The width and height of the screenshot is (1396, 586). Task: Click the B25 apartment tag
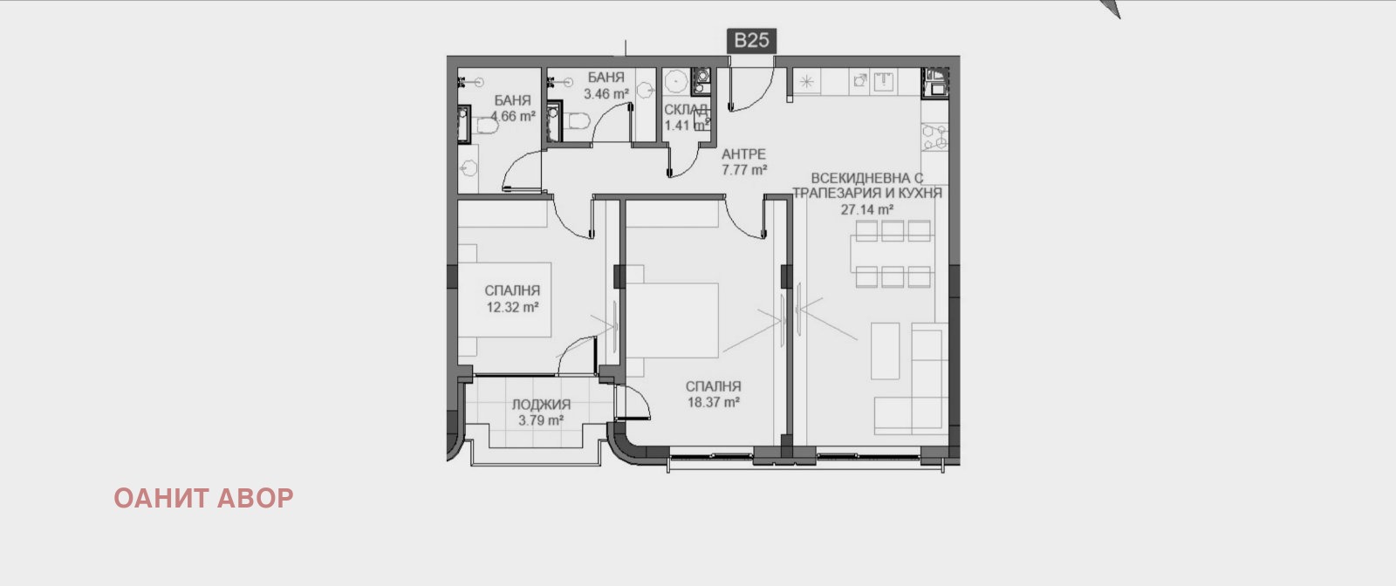point(750,41)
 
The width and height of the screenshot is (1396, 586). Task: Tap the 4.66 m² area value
point(512,116)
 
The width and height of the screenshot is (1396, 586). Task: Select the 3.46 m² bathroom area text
point(606,93)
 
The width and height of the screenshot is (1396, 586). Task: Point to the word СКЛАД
point(686,110)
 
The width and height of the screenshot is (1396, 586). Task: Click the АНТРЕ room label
point(744,154)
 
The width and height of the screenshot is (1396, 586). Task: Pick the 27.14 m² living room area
point(866,209)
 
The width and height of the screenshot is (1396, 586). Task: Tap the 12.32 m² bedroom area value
point(512,307)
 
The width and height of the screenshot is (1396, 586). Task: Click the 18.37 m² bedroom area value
point(714,403)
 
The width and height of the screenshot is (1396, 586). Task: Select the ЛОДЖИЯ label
point(541,405)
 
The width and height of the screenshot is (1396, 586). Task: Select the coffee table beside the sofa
point(886,351)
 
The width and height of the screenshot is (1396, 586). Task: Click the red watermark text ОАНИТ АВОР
point(203,498)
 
